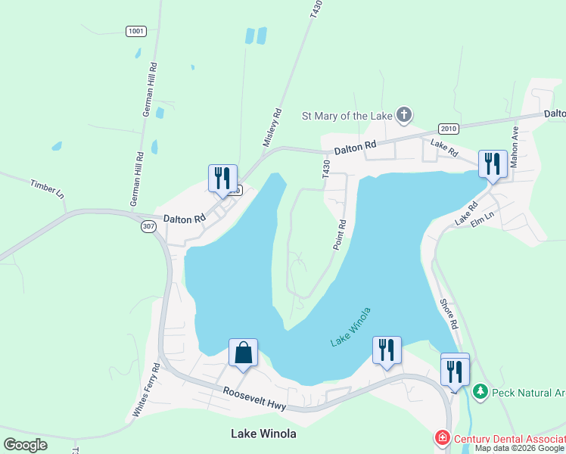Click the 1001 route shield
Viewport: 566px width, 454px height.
point(135,31)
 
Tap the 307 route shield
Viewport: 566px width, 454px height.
point(148,226)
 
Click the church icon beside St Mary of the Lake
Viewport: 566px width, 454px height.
point(404,115)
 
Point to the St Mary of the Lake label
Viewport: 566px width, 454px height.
point(347,116)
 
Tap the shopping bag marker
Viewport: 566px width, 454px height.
point(243,353)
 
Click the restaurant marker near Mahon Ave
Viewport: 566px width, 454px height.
point(493,163)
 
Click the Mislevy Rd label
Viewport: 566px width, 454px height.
point(272,128)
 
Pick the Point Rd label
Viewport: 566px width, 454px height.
point(339,235)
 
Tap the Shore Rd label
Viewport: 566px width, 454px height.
point(449,313)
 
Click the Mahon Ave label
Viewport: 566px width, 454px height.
point(515,146)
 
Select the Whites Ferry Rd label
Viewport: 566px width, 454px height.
point(146,390)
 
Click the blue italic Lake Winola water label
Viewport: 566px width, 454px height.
point(350,328)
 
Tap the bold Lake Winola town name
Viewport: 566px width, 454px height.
point(263,434)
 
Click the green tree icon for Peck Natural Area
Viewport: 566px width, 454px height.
point(480,392)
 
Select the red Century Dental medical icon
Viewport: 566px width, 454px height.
point(441,438)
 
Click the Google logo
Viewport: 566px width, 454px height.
point(26,445)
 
